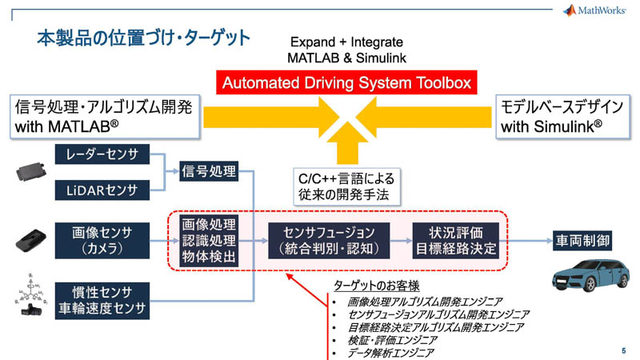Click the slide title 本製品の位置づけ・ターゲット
(143, 38)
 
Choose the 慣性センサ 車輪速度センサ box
(102, 297)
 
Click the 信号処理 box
(208, 170)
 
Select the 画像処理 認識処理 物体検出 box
(208, 240)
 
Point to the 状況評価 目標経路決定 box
(454, 240)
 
